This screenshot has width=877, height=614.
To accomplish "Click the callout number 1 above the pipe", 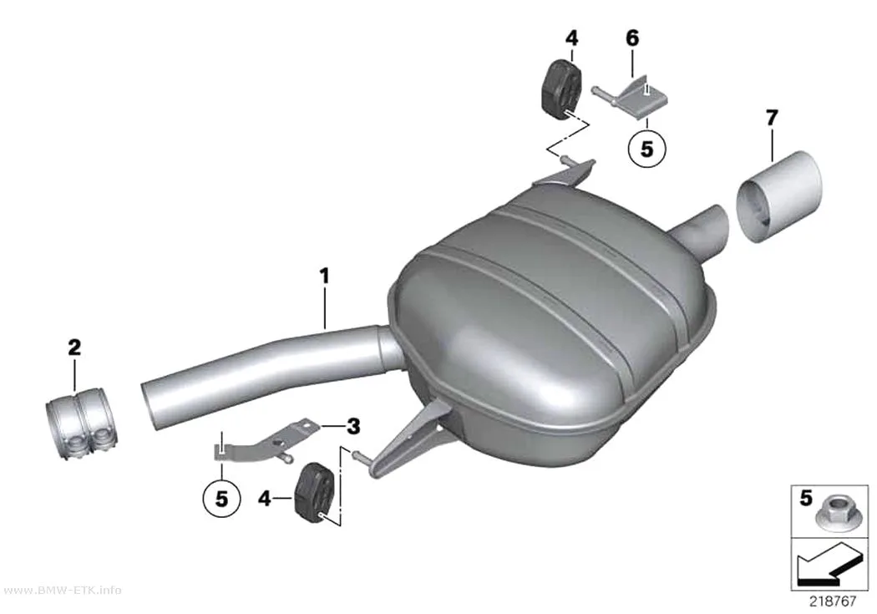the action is point(324,277).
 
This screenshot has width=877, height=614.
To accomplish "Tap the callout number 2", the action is point(74,348).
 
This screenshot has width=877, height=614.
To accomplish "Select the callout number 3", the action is point(353,427).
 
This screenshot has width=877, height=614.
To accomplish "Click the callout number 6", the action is point(631,38).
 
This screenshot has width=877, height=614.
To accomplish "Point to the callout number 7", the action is point(772,118).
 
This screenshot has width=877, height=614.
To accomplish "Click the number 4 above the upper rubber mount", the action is point(571,38).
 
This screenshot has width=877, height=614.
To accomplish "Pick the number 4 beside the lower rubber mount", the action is point(264,498).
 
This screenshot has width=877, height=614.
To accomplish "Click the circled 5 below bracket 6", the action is point(646,149).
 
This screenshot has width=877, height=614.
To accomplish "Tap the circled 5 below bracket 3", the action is point(221,498).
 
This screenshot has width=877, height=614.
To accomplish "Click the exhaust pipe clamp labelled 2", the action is point(80,425).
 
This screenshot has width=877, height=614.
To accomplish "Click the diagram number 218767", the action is point(833,601).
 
